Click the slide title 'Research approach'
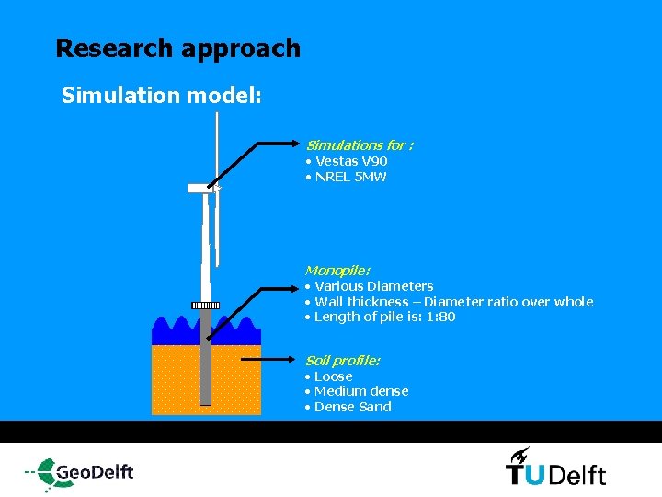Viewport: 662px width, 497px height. [x=177, y=48]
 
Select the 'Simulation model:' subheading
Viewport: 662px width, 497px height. [x=162, y=96]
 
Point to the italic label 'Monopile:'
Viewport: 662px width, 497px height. [x=337, y=271]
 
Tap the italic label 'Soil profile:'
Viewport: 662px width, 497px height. [x=342, y=360]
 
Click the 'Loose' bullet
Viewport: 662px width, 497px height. [x=333, y=376]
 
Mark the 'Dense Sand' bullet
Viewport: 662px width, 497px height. [x=352, y=407]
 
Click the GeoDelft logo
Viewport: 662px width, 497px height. [x=81, y=471]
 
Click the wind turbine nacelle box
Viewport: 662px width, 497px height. [x=200, y=188]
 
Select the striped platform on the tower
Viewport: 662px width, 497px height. [x=205, y=306]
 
